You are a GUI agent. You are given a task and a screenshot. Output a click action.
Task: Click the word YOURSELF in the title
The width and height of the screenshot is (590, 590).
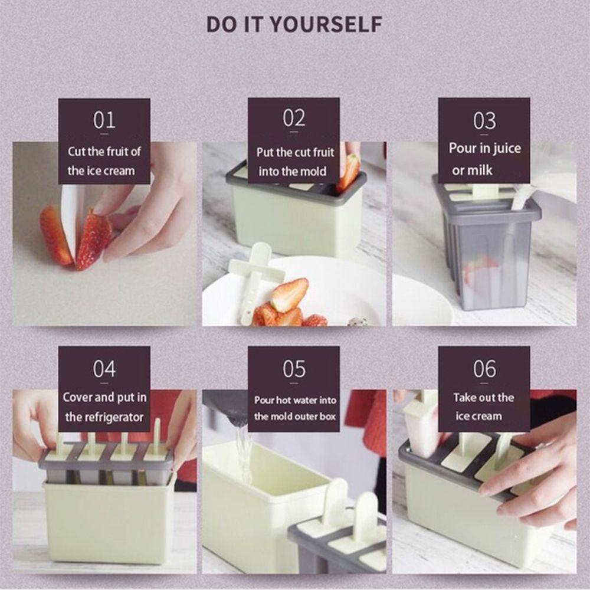click(x=326, y=24)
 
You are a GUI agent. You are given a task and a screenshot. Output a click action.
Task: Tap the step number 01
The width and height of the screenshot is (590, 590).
click(x=104, y=120)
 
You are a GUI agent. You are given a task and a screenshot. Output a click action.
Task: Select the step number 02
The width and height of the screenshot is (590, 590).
click(x=294, y=118)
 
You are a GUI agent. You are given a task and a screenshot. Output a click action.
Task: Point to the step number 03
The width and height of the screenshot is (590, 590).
click(x=484, y=121)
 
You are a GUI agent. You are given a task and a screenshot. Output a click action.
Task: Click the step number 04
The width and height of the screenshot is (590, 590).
click(x=104, y=369)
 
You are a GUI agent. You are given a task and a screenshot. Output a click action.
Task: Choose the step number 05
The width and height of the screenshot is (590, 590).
click(x=294, y=369)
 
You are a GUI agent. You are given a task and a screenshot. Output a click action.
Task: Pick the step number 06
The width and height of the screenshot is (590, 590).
click(x=484, y=369)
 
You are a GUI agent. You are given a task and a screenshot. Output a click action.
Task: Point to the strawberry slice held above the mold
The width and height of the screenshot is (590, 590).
click(x=349, y=172)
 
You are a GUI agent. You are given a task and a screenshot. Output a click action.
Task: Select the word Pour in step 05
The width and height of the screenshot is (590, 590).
click(x=263, y=400)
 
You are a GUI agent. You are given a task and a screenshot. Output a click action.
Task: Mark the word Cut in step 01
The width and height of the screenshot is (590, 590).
click(x=77, y=152)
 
